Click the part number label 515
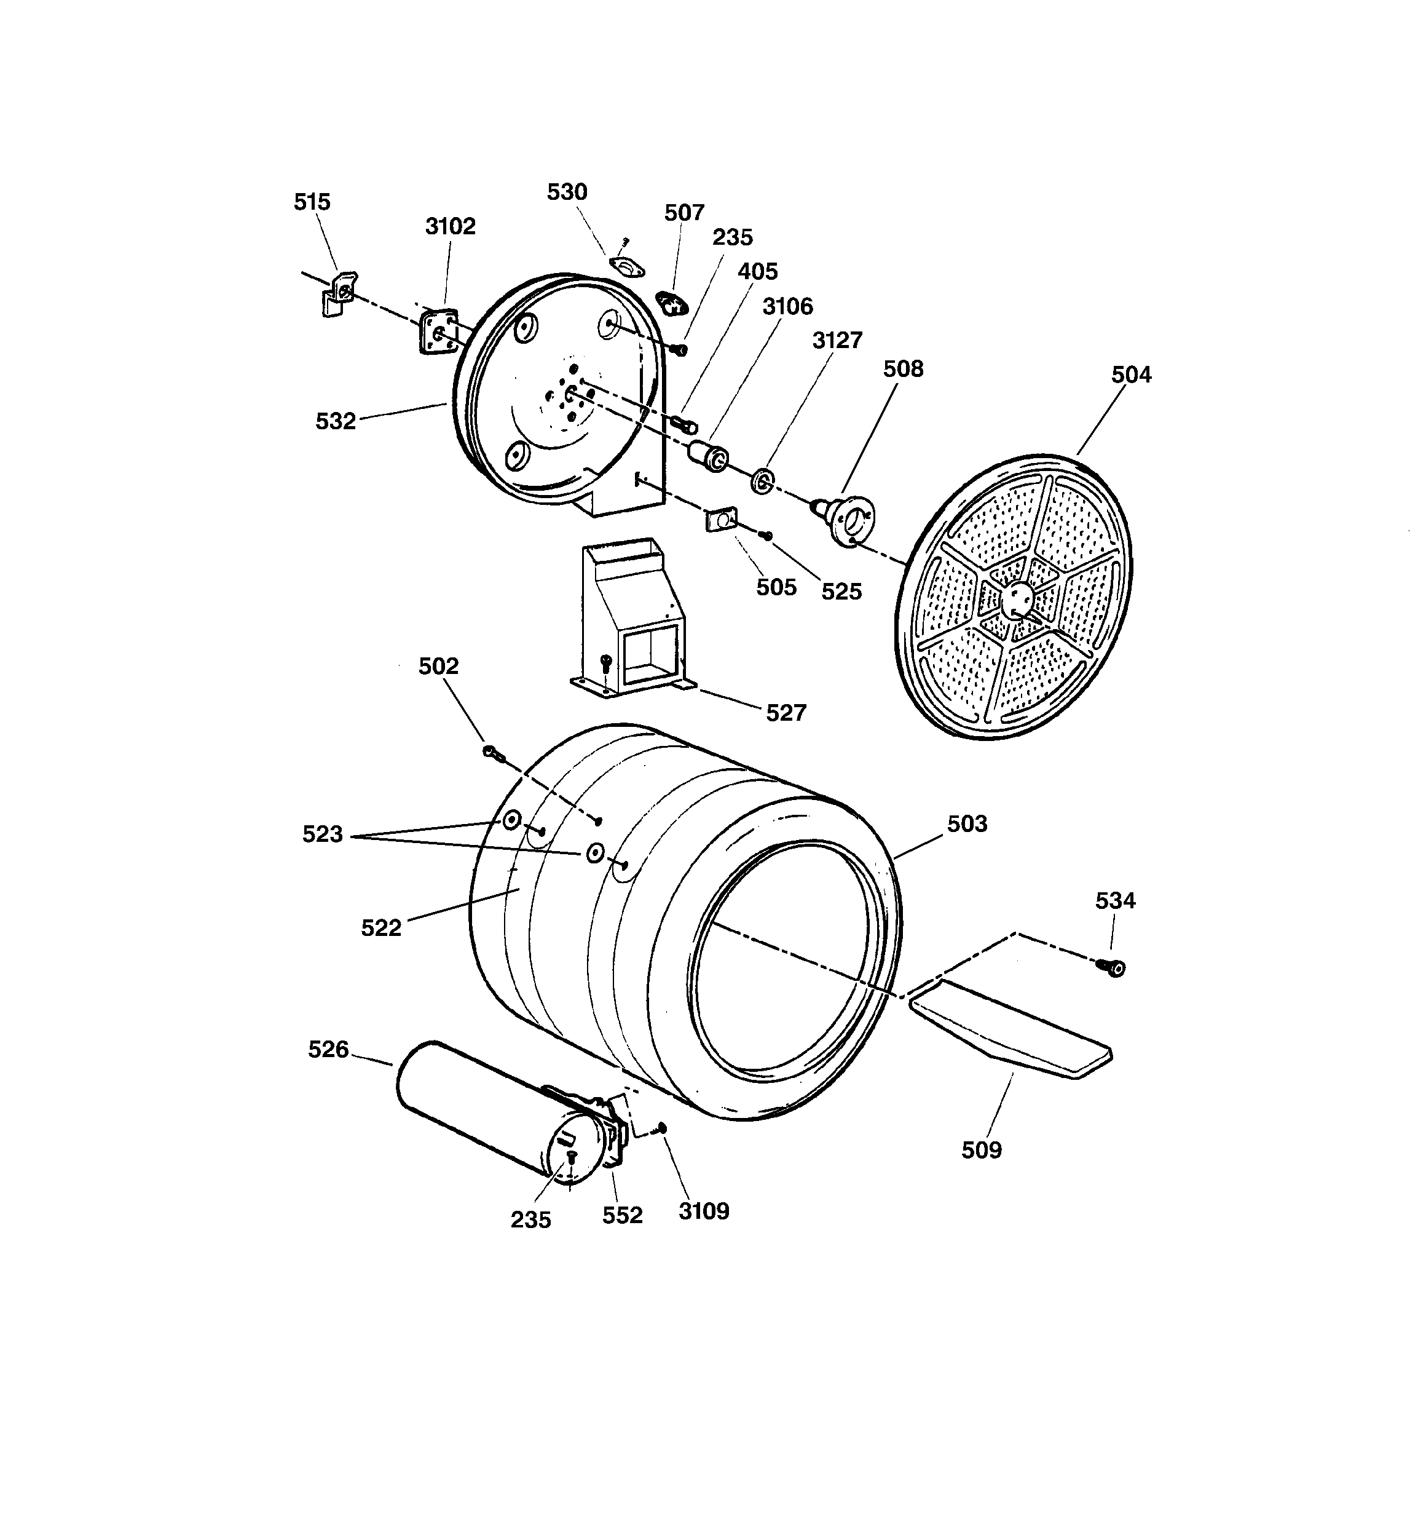tap(312, 202)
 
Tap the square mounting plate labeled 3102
tap(438, 331)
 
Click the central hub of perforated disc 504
tap(1017, 597)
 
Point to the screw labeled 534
tap(1114, 969)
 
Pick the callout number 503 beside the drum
tap(967, 824)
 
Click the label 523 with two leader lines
tap(322, 834)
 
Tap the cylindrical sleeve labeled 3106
tap(709, 456)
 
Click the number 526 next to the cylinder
tap(328, 1049)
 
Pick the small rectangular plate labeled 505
tap(720, 521)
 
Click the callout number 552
tap(621, 1215)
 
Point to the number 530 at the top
tap(567, 192)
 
